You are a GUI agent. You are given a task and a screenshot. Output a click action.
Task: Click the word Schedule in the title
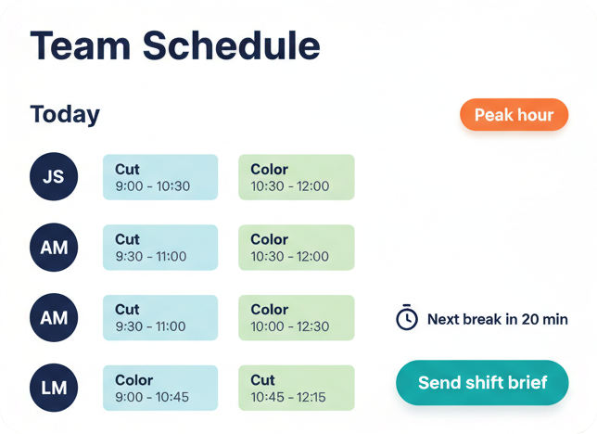point(232,45)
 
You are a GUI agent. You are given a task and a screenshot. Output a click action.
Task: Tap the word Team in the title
point(81,45)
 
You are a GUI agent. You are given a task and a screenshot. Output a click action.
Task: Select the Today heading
point(65,114)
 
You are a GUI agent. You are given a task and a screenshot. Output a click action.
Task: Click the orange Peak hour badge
point(514,115)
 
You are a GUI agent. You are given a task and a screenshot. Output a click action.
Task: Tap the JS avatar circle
point(54,177)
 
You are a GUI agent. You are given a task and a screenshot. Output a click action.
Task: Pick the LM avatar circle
point(54,388)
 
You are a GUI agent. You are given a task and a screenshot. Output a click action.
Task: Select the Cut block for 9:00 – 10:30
point(160,177)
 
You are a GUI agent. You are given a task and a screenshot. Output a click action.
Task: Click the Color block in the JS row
point(297,177)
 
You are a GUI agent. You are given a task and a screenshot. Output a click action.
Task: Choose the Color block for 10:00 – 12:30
point(297,318)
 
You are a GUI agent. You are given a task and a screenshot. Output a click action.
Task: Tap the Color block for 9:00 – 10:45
point(160,388)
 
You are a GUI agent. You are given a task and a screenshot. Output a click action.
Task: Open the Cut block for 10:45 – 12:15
point(297,388)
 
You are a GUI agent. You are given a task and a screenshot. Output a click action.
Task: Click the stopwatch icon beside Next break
point(407,317)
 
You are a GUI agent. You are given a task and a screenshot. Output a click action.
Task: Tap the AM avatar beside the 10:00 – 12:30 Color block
point(54,318)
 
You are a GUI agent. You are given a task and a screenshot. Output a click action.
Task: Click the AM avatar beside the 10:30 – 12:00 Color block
point(54,248)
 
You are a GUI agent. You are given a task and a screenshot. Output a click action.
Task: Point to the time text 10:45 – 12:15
point(288,397)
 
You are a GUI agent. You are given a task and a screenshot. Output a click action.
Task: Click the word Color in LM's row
point(134,380)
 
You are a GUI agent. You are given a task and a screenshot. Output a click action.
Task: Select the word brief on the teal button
point(529,382)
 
